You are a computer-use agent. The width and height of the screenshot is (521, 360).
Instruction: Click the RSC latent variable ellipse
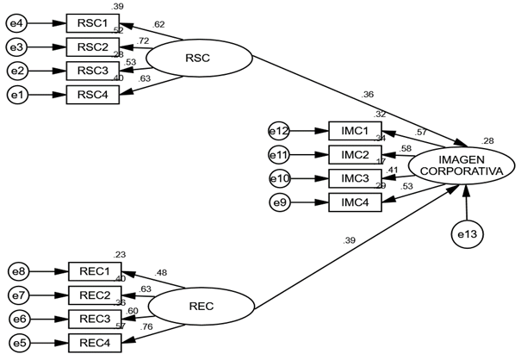click(x=199, y=58)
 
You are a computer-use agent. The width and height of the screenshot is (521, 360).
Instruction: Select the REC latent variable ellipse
click(x=202, y=306)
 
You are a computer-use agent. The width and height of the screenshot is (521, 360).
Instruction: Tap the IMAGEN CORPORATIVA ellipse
click(x=461, y=164)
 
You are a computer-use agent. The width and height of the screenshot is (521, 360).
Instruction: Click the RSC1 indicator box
click(x=92, y=22)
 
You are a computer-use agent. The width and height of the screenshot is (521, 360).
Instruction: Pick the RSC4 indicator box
click(x=92, y=93)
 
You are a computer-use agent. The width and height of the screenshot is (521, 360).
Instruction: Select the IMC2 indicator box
click(x=355, y=155)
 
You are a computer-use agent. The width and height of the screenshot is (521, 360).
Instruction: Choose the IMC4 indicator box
click(x=355, y=202)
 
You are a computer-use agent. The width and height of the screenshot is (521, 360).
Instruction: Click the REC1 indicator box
click(x=94, y=272)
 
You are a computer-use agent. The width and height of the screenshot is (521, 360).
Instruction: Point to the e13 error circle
click(x=466, y=234)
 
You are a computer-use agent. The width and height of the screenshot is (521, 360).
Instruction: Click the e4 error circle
click(x=17, y=22)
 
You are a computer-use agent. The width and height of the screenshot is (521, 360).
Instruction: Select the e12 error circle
click(x=279, y=132)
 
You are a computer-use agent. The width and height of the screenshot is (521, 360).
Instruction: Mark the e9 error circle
click(x=279, y=202)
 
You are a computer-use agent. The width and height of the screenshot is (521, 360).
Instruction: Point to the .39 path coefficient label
click(x=350, y=239)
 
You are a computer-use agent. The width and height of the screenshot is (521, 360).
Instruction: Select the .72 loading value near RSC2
click(x=143, y=41)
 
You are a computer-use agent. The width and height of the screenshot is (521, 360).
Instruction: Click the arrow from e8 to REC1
click(x=48, y=272)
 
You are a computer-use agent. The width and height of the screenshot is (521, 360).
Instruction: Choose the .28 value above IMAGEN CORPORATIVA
click(x=488, y=140)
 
